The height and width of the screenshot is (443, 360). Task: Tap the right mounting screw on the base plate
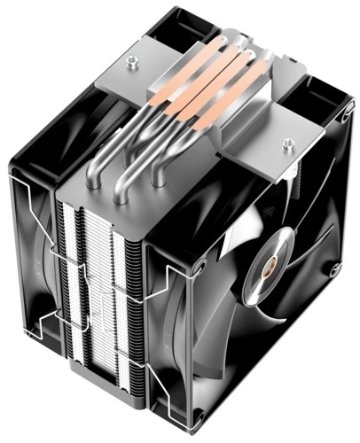click(x=286, y=141)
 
